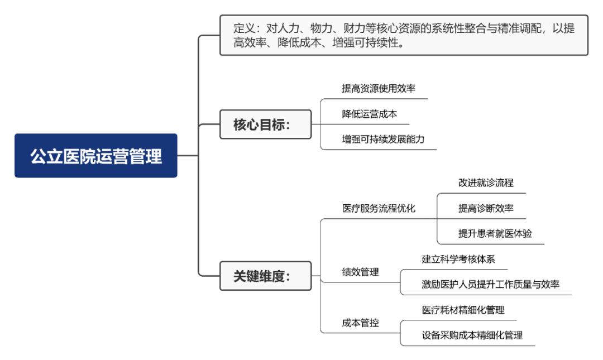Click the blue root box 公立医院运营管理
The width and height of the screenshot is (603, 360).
click(96, 156)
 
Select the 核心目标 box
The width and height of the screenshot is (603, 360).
click(265, 124)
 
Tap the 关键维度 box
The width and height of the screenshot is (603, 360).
click(265, 276)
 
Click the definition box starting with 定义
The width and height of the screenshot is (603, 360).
click(404, 35)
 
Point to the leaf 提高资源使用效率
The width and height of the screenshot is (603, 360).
click(379, 88)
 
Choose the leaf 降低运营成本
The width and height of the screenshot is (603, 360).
click(369, 114)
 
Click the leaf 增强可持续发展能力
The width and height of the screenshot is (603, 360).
click(383, 139)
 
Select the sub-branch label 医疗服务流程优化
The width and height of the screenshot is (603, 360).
click(379, 208)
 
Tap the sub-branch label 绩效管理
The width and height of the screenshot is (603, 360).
click(360, 272)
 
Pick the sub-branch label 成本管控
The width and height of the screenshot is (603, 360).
click(360, 323)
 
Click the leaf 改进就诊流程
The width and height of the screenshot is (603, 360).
click(486, 183)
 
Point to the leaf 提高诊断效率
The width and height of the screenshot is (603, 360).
click(486, 208)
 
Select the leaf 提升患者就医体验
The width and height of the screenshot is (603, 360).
click(495, 233)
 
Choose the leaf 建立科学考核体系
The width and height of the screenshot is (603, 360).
click(458, 259)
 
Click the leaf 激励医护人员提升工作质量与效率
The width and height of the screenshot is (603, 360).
click(490, 284)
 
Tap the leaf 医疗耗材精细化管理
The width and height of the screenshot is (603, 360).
click(463, 310)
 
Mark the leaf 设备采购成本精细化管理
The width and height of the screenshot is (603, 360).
click(472, 335)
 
